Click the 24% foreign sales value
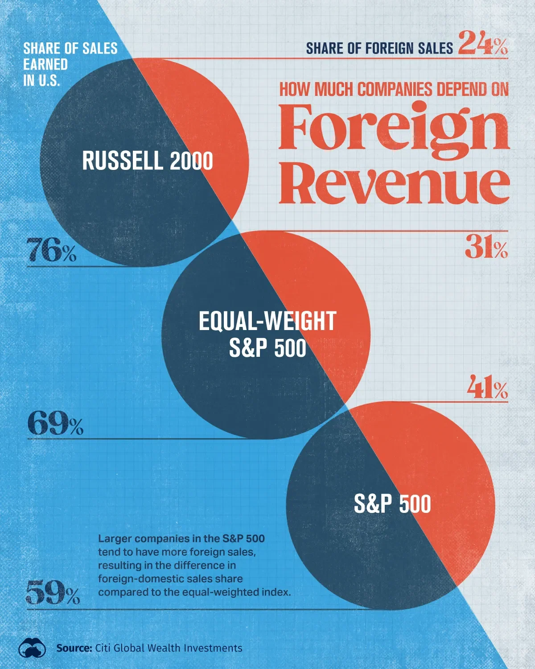click(483, 43)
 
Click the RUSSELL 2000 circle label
click(147, 161)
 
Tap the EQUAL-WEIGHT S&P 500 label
click(267, 334)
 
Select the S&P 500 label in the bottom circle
click(392, 504)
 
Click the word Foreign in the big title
click(394, 129)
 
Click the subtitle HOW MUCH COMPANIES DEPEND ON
click(394, 90)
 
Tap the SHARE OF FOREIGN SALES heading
click(379, 48)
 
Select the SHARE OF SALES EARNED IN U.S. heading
click(70, 64)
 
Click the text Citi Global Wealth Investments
click(169, 648)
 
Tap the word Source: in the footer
click(74, 648)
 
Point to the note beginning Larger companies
click(194, 565)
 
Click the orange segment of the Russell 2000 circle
click(214, 129)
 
